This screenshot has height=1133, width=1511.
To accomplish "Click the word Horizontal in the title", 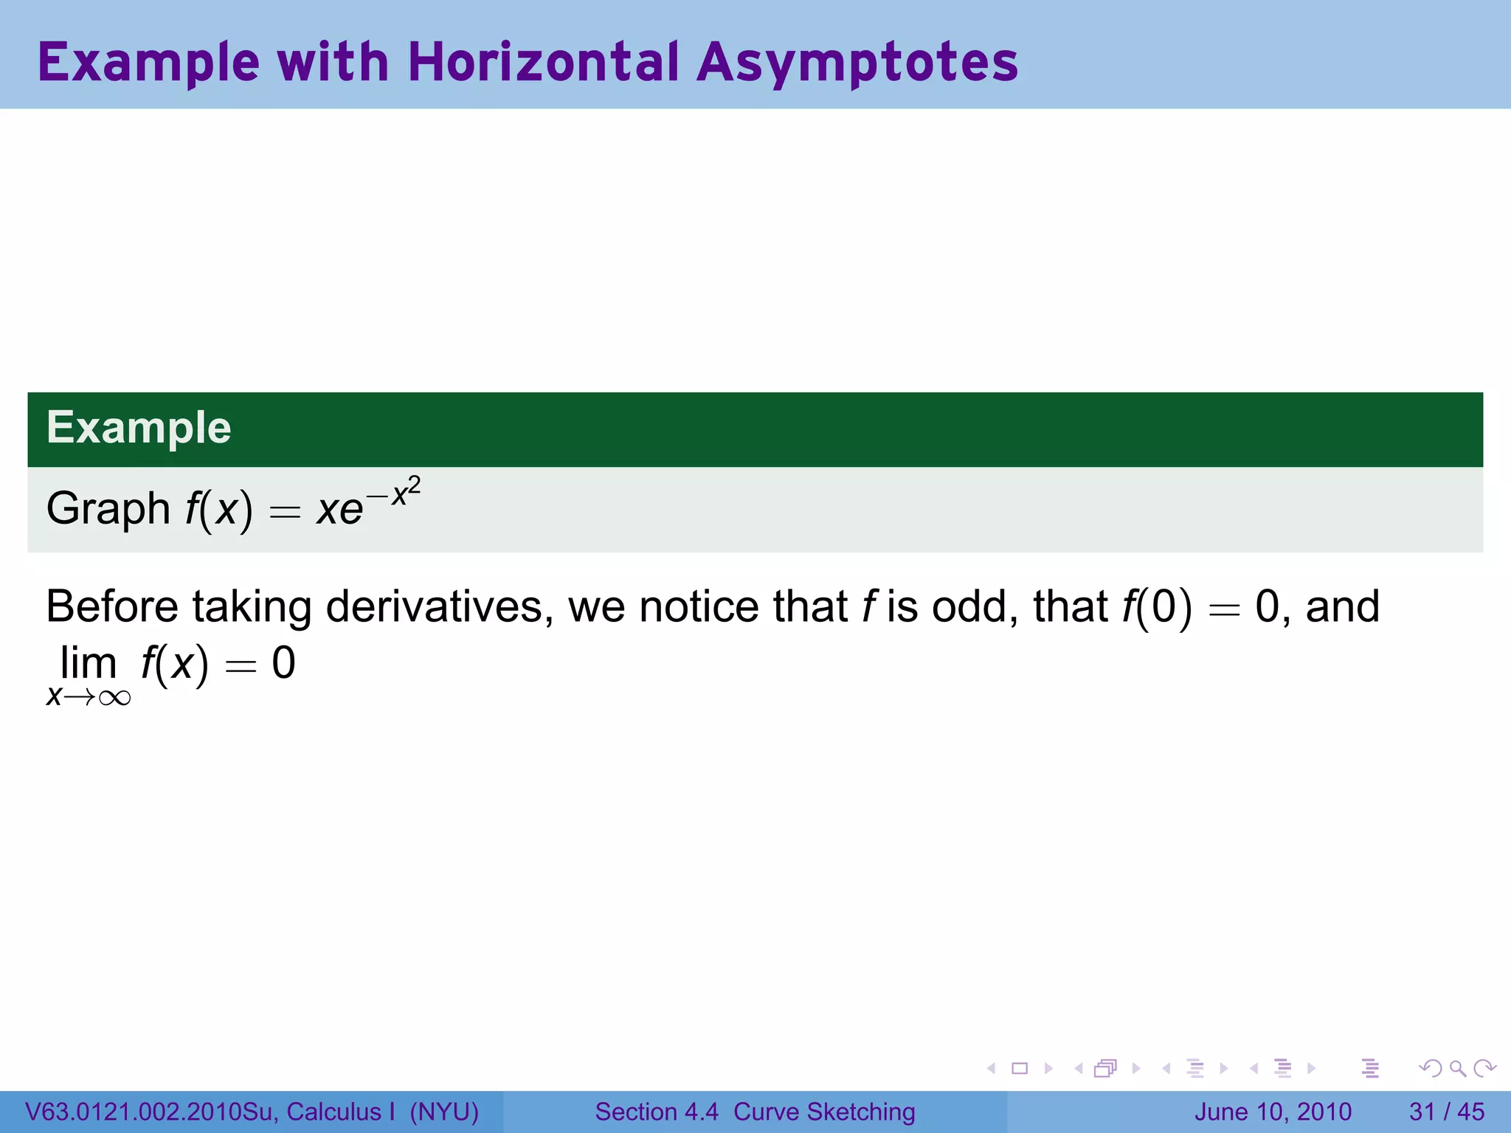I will pyautogui.click(x=542, y=62).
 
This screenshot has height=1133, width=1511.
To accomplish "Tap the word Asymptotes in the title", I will pyautogui.click(x=857, y=63).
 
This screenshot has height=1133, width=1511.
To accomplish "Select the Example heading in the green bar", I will pyautogui.click(x=139, y=428).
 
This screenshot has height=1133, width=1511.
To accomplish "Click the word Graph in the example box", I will pyautogui.click(x=108, y=509).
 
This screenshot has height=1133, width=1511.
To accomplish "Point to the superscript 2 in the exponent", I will pyautogui.click(x=415, y=486).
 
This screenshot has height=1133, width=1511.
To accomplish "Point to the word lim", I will pyautogui.click(x=88, y=663).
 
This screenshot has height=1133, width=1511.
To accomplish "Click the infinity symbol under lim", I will pyautogui.click(x=114, y=698).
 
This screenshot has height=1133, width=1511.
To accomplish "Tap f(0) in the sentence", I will pyautogui.click(x=1156, y=607).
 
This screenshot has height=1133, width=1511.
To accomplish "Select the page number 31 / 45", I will pyautogui.click(x=1446, y=1112).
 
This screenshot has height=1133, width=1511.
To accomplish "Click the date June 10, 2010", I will pyautogui.click(x=1273, y=1112).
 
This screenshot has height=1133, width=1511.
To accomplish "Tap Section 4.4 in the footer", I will pyautogui.click(x=657, y=1112).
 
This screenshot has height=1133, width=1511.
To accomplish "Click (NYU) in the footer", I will pyautogui.click(x=444, y=1112).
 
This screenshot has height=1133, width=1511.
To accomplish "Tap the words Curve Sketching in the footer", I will pyautogui.click(x=824, y=1112).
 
